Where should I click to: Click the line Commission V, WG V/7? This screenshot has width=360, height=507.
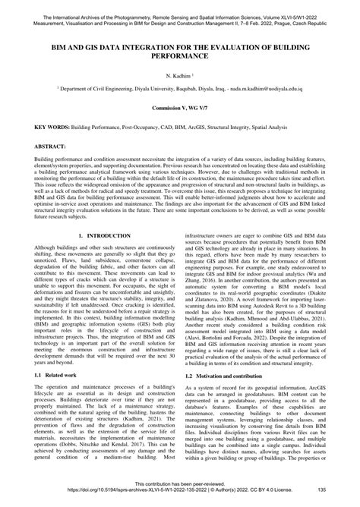coord(180,109)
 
